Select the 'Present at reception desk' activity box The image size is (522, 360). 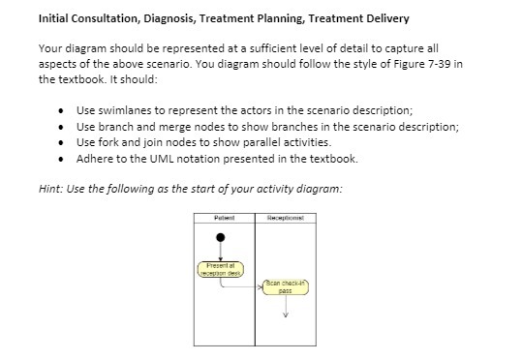222,269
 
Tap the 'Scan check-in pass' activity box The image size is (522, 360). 285,286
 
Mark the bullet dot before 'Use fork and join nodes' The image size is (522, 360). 61,142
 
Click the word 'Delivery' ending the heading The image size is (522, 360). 384,18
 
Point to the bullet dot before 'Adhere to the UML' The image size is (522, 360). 61,158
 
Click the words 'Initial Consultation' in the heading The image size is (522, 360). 84,18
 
